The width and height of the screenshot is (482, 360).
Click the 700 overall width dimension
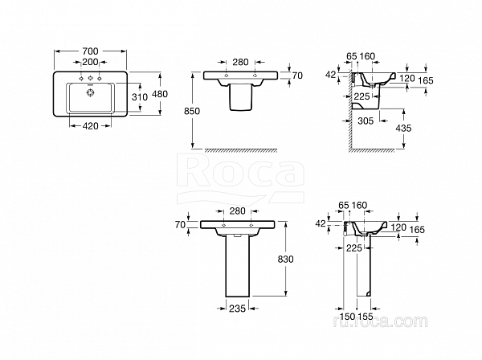tap(90, 50)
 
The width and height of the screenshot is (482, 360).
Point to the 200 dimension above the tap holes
tap(90, 62)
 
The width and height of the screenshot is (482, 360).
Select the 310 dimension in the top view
tap(139, 96)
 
